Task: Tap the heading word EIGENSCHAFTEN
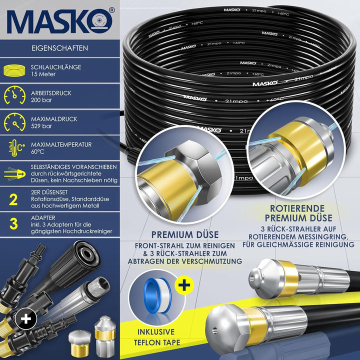point(59,48)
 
